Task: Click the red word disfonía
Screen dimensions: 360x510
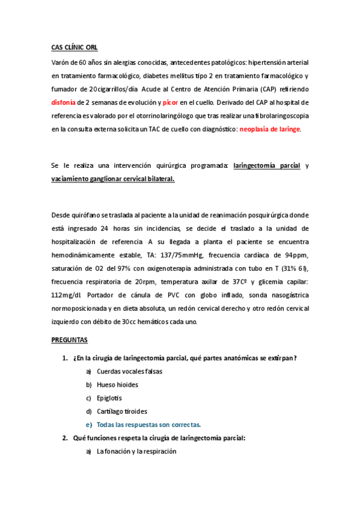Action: (x=64, y=102)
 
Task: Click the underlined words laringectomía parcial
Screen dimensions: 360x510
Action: (x=267, y=165)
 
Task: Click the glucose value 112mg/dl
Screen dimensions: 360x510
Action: (x=69, y=295)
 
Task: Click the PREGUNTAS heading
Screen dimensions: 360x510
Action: (x=69, y=340)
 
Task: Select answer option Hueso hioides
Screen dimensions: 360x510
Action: (x=117, y=384)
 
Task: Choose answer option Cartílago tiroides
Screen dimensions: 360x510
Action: (x=122, y=411)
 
